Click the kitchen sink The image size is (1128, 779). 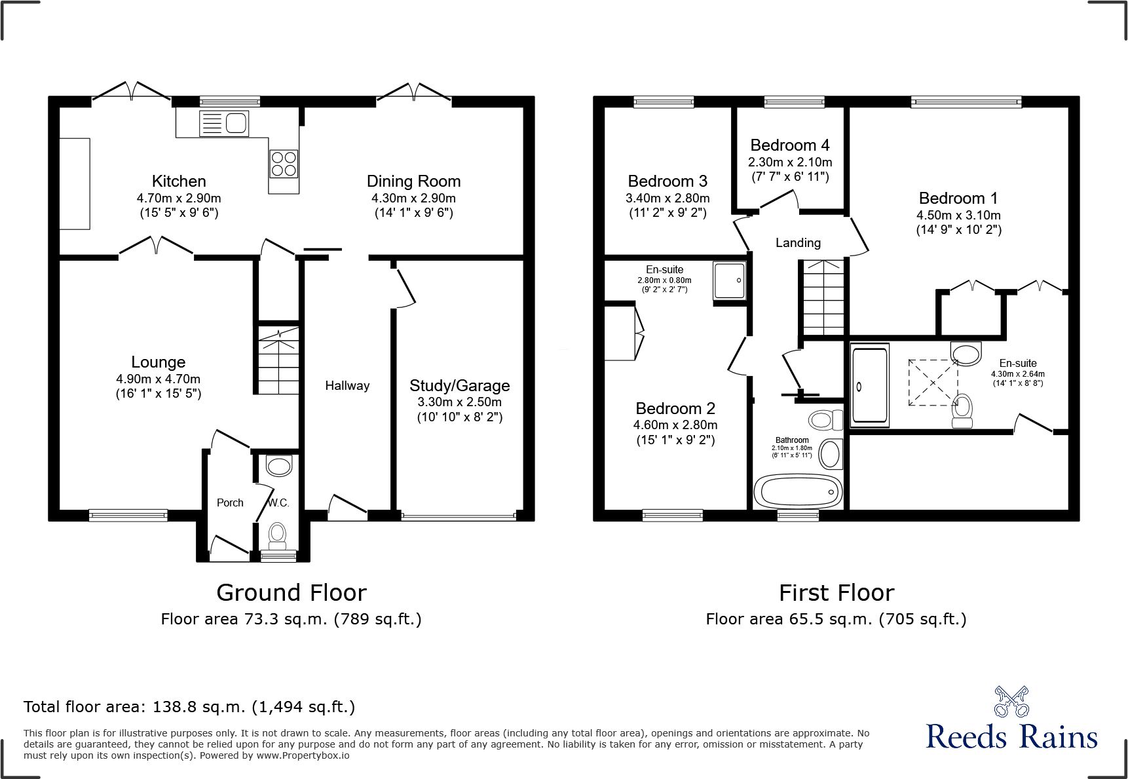tap(224, 123)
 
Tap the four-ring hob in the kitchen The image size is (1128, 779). tap(284, 164)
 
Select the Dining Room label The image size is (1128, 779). tap(413, 181)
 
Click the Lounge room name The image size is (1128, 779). tap(158, 362)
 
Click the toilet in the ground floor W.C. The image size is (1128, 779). tap(277, 534)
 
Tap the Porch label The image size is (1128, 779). tap(230, 503)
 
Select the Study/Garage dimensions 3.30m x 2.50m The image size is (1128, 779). tap(459, 402)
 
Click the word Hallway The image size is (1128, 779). tap(347, 386)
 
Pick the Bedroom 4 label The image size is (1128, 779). tap(789, 145)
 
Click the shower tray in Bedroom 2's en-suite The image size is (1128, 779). tap(729, 281)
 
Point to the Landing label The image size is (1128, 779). tap(798, 243)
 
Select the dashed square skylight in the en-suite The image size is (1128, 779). tap(932, 383)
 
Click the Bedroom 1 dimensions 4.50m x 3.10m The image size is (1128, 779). tap(958, 216)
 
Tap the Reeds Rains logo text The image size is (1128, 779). tap(1011, 736)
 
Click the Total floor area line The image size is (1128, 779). tap(189, 707)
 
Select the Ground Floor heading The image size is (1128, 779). tap(291, 593)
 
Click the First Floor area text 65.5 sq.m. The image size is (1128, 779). tap(836, 619)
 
